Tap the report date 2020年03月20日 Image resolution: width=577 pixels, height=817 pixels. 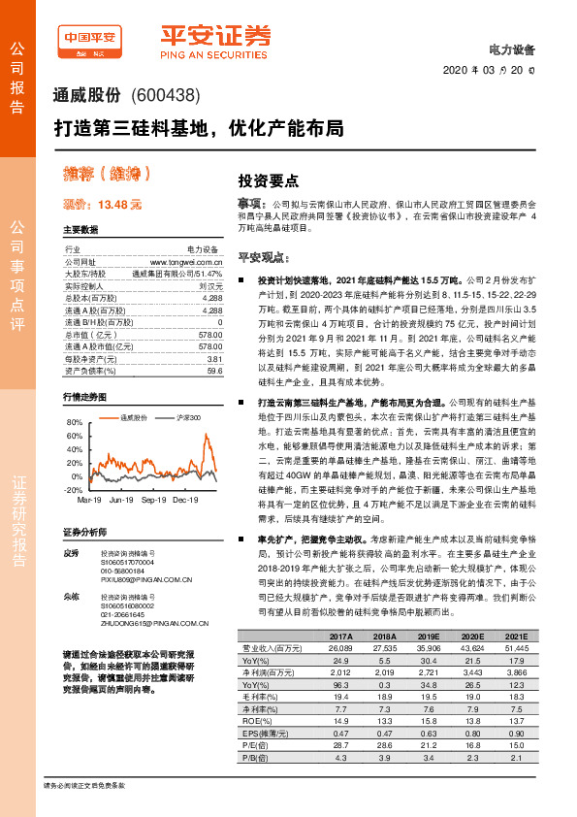pos(494,69)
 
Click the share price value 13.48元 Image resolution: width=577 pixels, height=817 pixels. pos(120,205)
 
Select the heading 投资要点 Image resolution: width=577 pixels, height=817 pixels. pos(269,181)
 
